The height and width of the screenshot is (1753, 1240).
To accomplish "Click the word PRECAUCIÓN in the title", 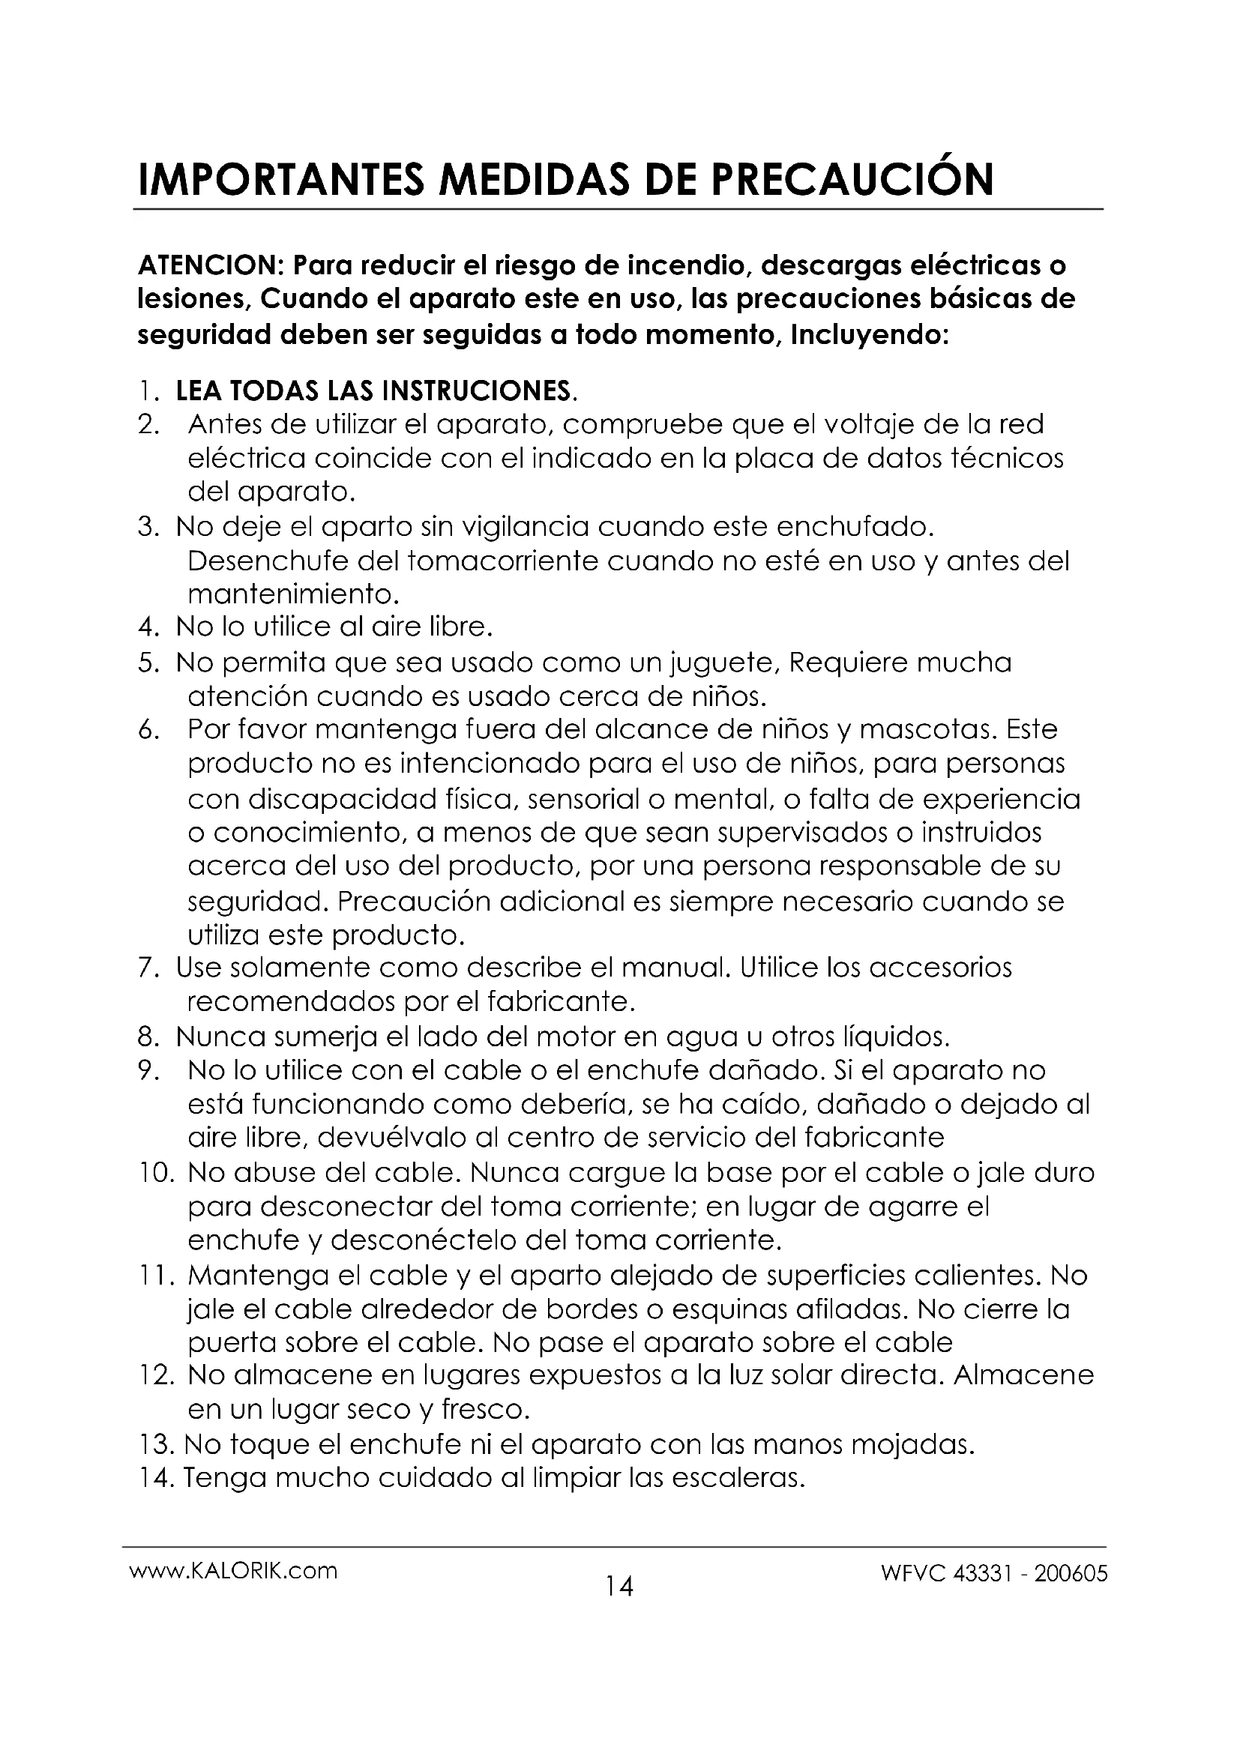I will click(853, 179).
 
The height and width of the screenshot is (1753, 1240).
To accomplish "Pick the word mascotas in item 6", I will click(927, 730).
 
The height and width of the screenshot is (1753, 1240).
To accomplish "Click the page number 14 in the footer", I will click(619, 1587).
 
